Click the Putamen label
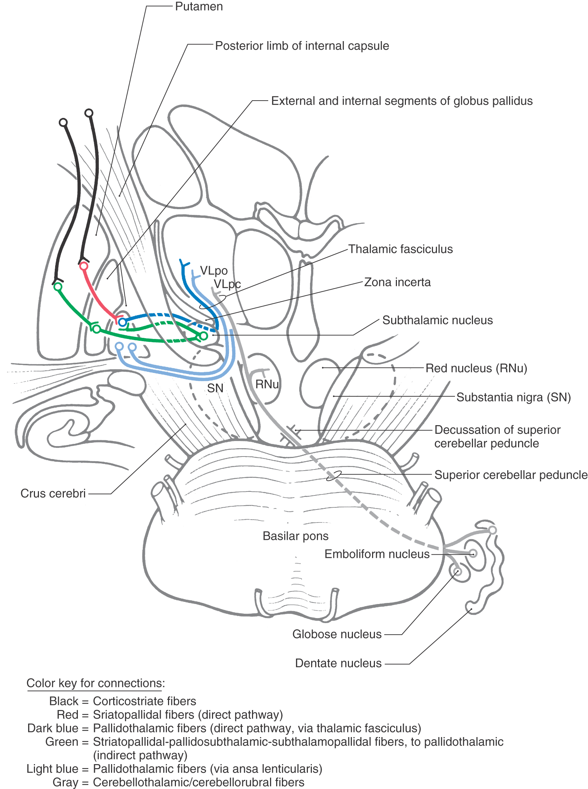199,6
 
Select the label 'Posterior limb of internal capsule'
302,46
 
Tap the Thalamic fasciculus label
400,249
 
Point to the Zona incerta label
397,282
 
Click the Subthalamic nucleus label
437,320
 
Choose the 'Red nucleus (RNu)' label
476,368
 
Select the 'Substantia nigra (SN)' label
513,397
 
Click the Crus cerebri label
53,493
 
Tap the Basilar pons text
296,536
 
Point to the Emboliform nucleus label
377,554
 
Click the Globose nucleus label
337,634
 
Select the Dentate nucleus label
338,663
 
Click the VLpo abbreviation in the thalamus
214,270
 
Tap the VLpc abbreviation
227,284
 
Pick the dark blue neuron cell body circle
123,322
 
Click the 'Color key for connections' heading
96,683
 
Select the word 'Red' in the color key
67,714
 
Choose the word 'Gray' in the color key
65,782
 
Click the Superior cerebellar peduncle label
510,475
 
